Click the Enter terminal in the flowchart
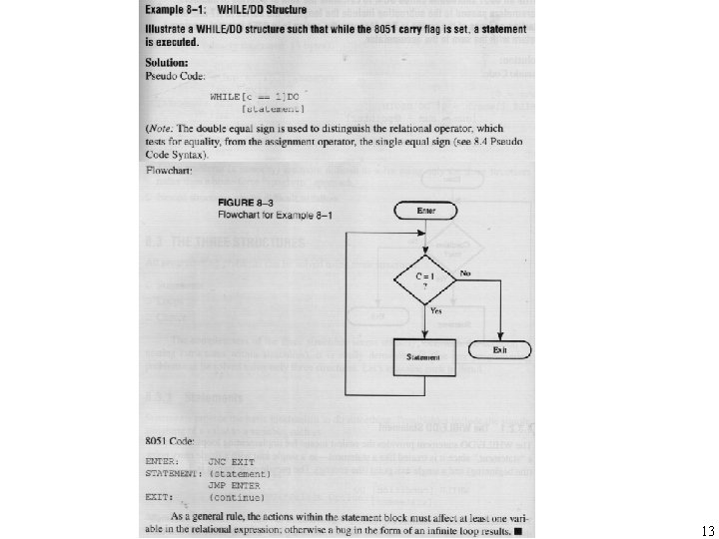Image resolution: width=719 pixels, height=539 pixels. click(x=426, y=211)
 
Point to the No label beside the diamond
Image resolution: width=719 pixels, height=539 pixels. click(x=464, y=272)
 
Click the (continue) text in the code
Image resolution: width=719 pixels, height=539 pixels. click(x=236, y=496)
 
